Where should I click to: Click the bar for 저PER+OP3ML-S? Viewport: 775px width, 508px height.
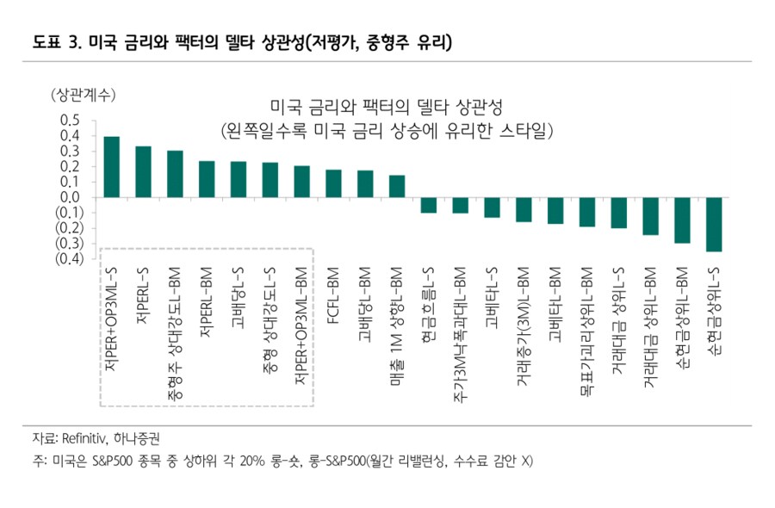click(111, 167)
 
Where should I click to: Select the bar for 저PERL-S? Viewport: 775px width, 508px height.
click(143, 172)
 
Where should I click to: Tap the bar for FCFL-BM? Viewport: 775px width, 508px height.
click(333, 183)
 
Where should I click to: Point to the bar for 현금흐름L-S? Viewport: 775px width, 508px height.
click(428, 205)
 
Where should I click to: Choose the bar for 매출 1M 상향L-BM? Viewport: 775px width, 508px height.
click(397, 186)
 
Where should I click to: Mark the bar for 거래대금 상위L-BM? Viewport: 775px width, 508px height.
click(650, 216)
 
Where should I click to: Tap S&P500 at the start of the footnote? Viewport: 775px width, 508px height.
click(111, 462)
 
